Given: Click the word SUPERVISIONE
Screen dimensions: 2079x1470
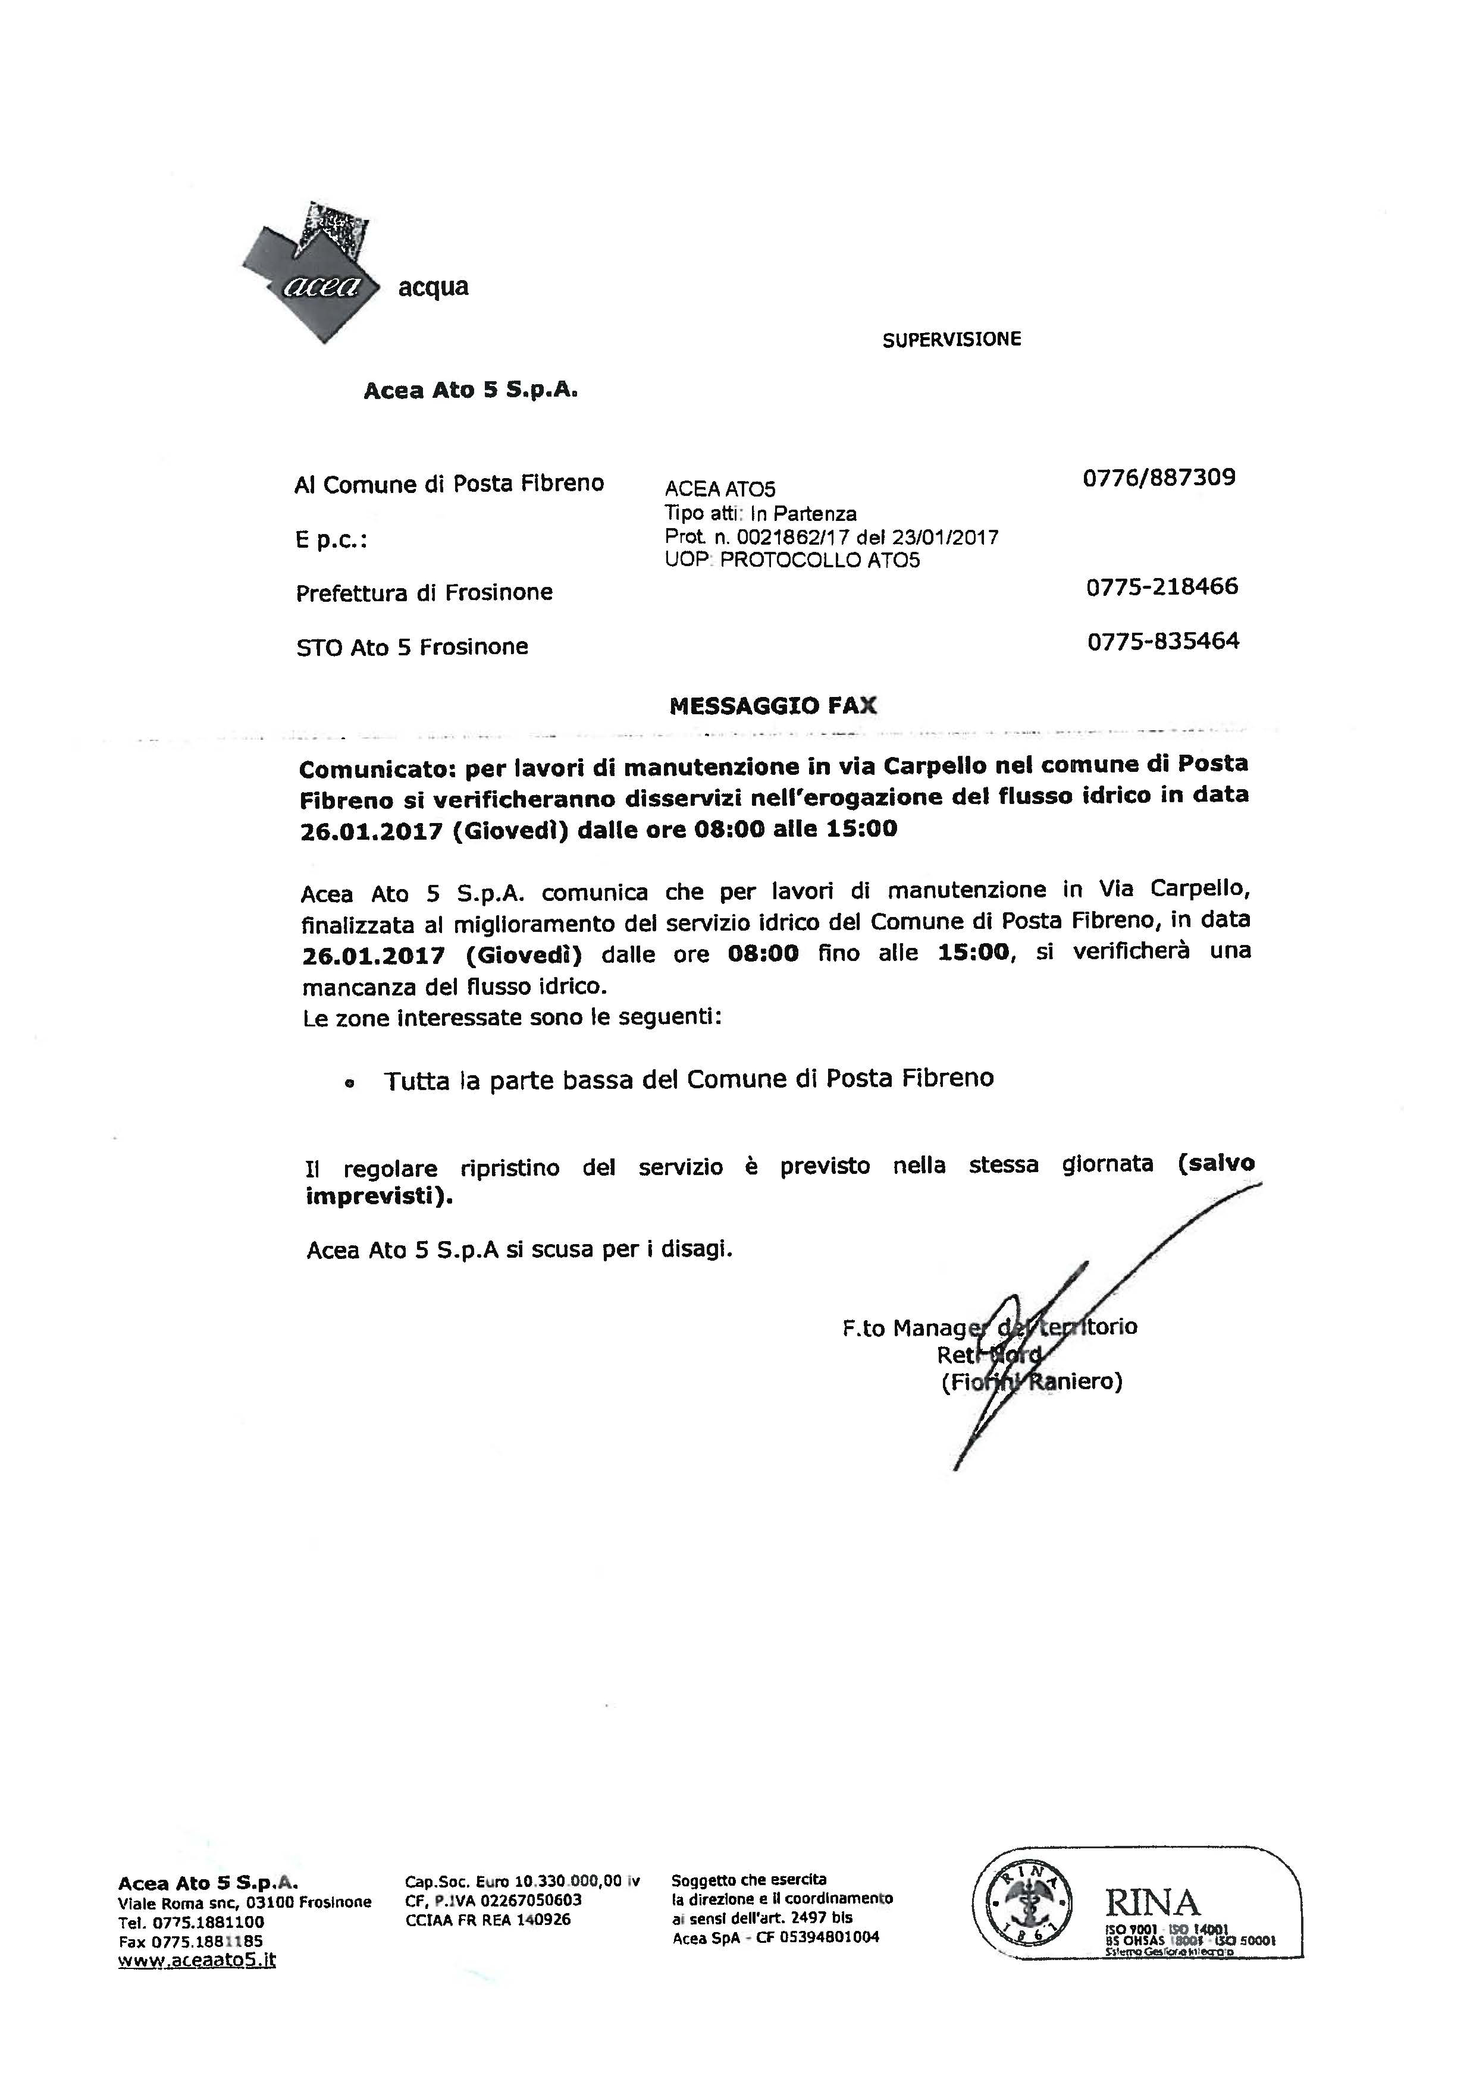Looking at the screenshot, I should click(951, 340).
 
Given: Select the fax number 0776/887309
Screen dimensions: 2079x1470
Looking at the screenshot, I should click(1158, 477).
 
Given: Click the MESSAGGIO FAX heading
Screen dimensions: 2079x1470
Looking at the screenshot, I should click(773, 706).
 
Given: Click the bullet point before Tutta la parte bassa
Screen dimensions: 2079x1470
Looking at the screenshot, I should click(350, 1083).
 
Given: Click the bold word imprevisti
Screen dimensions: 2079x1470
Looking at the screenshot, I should click(376, 1196).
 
